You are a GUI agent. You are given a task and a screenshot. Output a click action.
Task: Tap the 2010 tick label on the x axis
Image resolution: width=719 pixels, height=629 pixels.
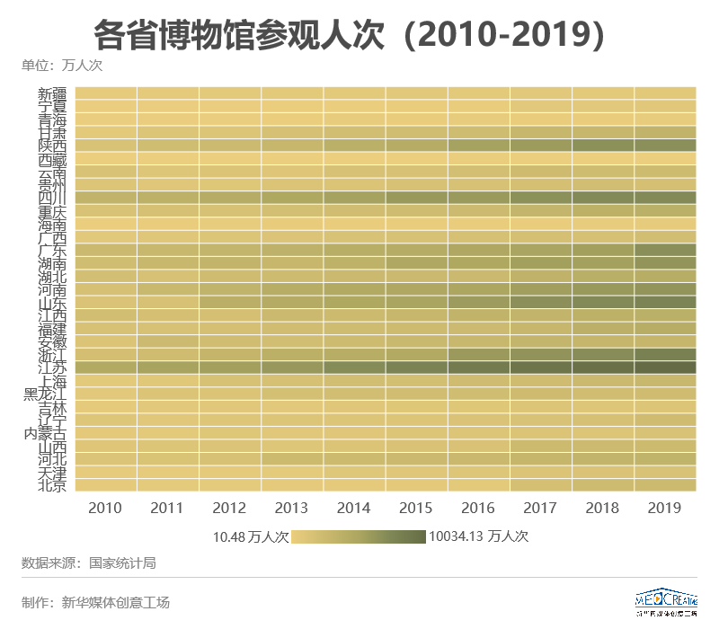[x=105, y=509]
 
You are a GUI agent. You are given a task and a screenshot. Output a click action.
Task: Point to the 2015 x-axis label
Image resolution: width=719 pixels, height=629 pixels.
[x=416, y=509]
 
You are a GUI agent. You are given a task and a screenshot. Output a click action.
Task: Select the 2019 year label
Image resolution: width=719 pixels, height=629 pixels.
[x=664, y=509]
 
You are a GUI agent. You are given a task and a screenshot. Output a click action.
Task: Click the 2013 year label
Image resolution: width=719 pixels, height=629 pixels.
[x=291, y=509]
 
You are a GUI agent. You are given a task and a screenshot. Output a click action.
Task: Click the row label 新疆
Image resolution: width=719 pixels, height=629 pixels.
[x=52, y=93]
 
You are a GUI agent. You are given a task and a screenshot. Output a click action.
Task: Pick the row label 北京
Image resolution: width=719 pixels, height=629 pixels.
[x=52, y=485]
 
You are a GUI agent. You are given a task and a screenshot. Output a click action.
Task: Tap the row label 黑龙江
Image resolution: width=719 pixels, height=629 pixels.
[x=45, y=394]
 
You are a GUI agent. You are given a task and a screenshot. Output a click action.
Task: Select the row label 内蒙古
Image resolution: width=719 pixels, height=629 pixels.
[x=45, y=433]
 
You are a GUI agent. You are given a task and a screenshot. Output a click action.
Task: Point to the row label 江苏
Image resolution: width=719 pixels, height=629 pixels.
[x=52, y=368]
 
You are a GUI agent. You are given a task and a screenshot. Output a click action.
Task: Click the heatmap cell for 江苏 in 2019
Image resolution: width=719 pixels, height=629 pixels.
[x=665, y=368]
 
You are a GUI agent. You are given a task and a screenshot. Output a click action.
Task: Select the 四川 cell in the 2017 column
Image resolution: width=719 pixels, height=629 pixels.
[x=541, y=198]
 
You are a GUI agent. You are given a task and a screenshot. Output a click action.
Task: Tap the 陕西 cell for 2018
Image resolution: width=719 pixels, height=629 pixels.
[x=603, y=146]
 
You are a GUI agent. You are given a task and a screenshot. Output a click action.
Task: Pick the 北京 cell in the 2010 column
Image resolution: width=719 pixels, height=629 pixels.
[x=106, y=485]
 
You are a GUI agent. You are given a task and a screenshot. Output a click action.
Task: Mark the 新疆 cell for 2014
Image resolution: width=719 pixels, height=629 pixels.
[x=354, y=93]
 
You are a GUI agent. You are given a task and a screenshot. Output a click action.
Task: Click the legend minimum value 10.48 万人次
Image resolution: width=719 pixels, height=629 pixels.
[x=251, y=537]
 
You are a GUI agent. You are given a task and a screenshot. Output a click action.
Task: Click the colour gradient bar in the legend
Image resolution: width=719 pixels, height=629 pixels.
[x=359, y=537]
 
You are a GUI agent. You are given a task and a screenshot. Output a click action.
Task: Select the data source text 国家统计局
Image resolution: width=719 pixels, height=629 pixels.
[x=122, y=563]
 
